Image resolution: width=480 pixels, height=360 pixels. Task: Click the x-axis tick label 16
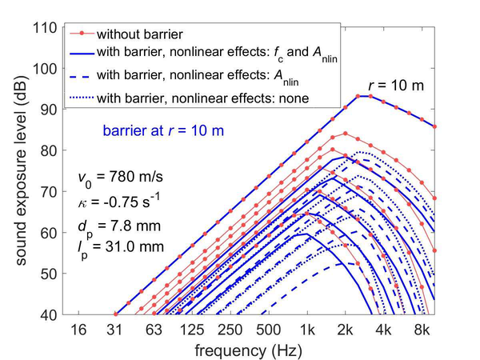78,330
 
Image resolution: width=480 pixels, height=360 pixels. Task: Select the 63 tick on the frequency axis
154,330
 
